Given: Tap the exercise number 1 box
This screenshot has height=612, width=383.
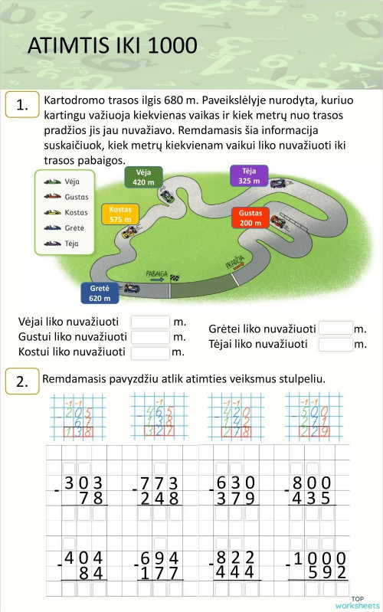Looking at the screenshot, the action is (x=21, y=106).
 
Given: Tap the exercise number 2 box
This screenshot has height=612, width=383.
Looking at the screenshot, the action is (x=21, y=381).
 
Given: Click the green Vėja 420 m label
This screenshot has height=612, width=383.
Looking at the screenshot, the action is (x=144, y=177).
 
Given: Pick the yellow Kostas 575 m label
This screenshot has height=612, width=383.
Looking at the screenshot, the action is (x=120, y=214).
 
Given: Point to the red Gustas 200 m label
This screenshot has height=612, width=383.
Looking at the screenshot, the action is (x=250, y=218).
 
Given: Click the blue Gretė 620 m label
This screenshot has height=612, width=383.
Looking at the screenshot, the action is (x=100, y=293).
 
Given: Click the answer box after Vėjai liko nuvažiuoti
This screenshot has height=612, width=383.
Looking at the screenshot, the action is (x=151, y=322).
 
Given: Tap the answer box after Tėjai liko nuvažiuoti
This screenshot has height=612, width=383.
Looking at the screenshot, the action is (x=336, y=344).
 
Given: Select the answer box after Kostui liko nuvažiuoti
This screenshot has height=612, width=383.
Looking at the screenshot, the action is (x=151, y=352).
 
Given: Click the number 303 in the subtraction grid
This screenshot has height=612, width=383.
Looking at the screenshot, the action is (x=83, y=483).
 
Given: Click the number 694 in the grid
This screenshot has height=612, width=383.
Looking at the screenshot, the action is (x=159, y=558).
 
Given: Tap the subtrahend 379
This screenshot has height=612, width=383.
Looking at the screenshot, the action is (x=235, y=499).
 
